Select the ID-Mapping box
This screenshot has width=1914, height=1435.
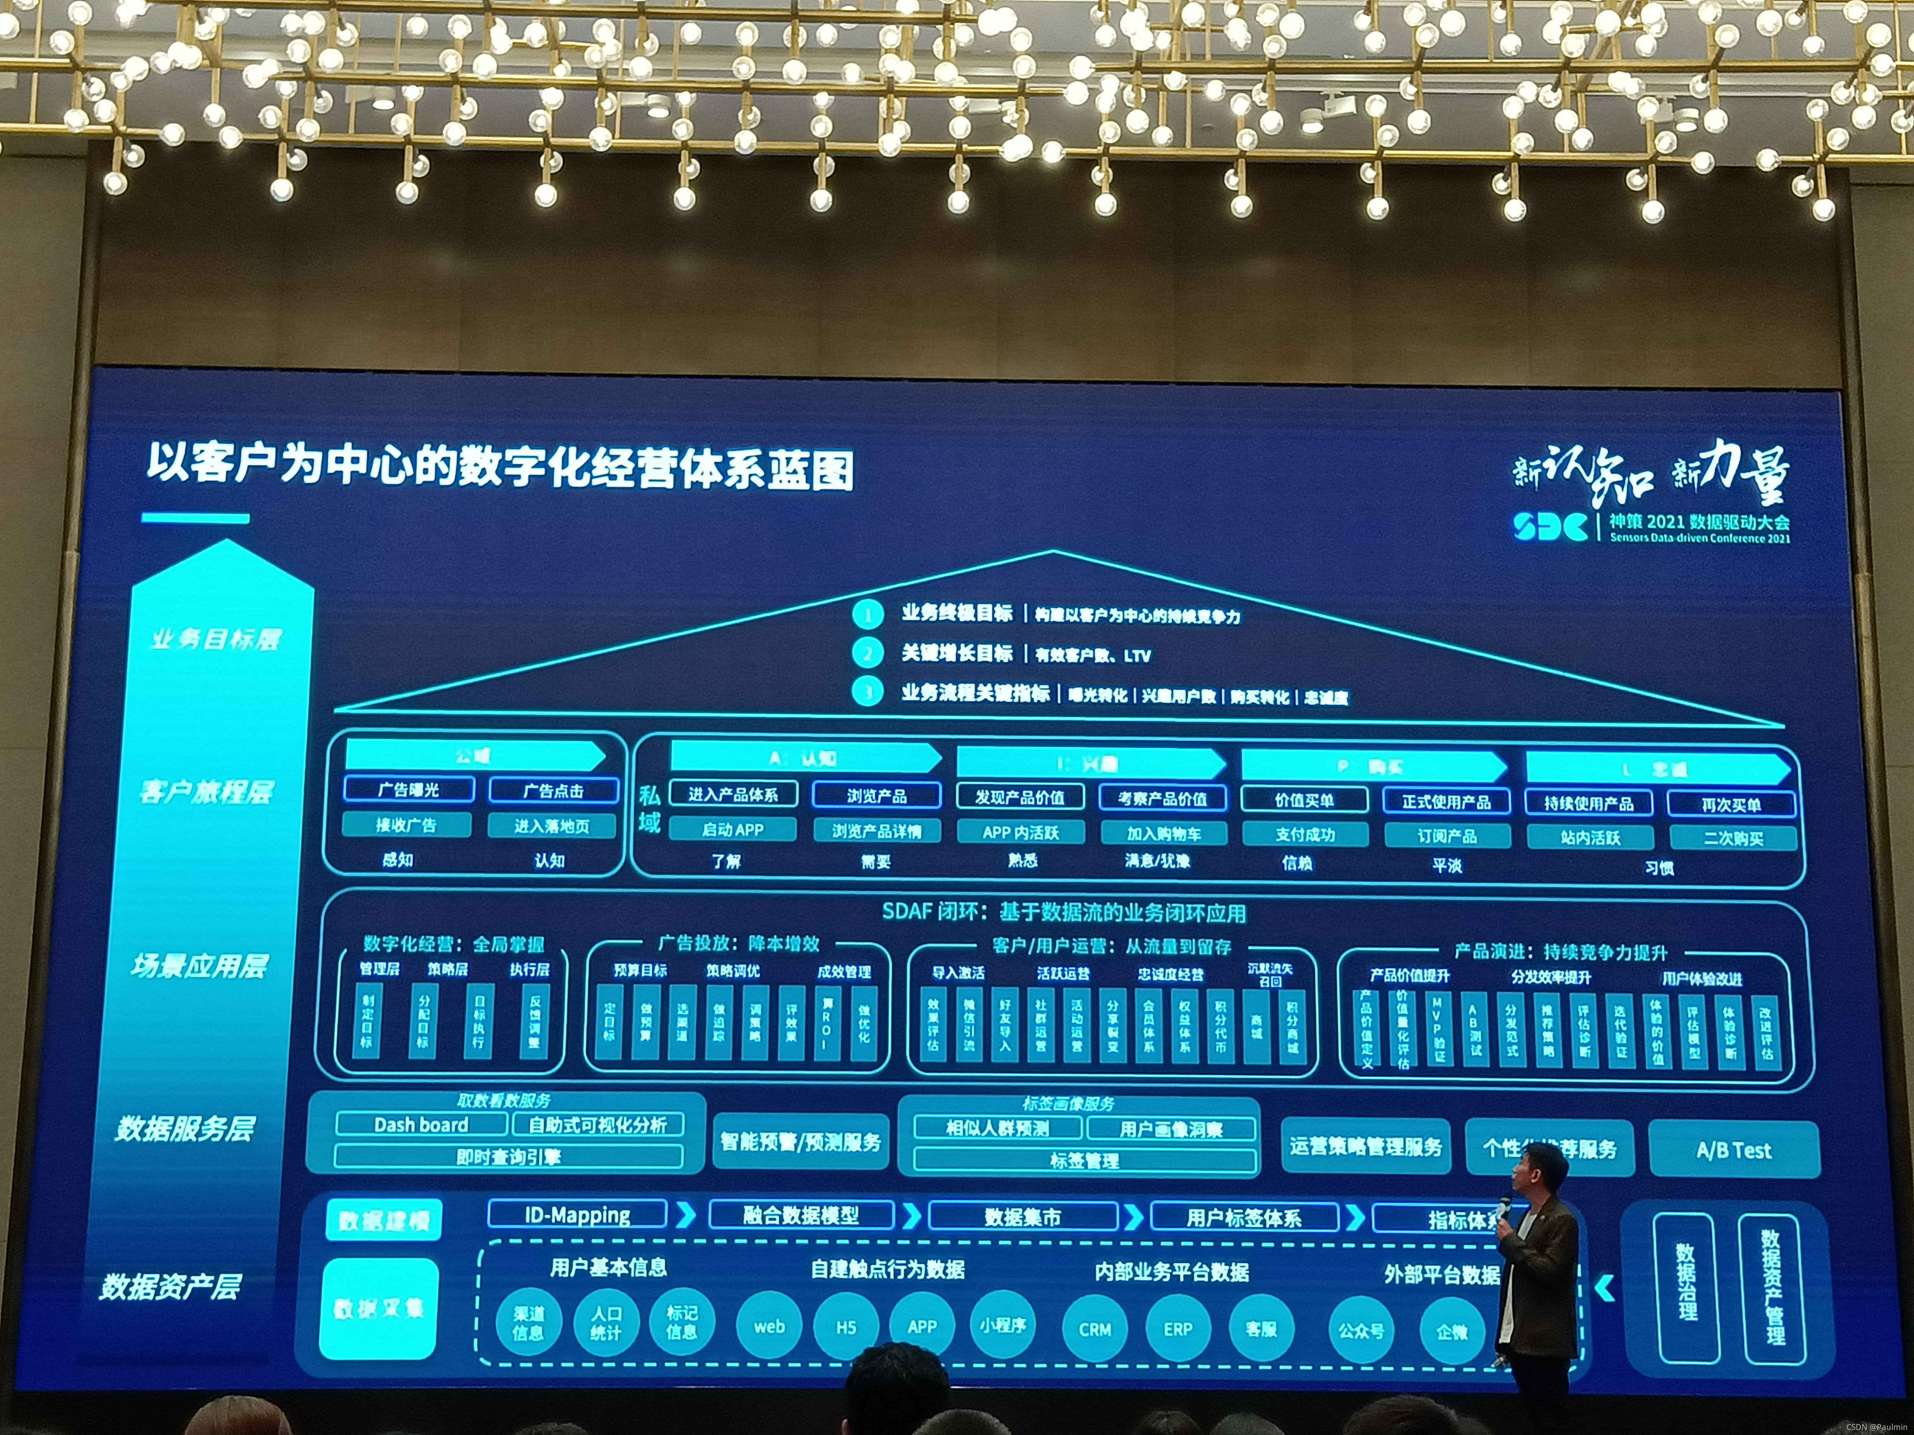click(577, 1214)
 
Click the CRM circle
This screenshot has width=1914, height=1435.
click(1094, 1329)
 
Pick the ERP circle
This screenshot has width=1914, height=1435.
click(1178, 1329)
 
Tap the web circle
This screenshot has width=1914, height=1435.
click(768, 1326)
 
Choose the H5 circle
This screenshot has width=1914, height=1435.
click(845, 1326)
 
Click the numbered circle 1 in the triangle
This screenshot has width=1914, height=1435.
click(867, 614)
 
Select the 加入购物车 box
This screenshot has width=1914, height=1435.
click(1163, 833)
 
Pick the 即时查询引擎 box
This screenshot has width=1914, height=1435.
click(508, 1157)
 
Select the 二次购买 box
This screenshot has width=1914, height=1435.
click(1732, 838)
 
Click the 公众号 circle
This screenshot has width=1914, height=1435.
click(1361, 1330)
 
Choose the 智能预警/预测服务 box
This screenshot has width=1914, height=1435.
click(801, 1142)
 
